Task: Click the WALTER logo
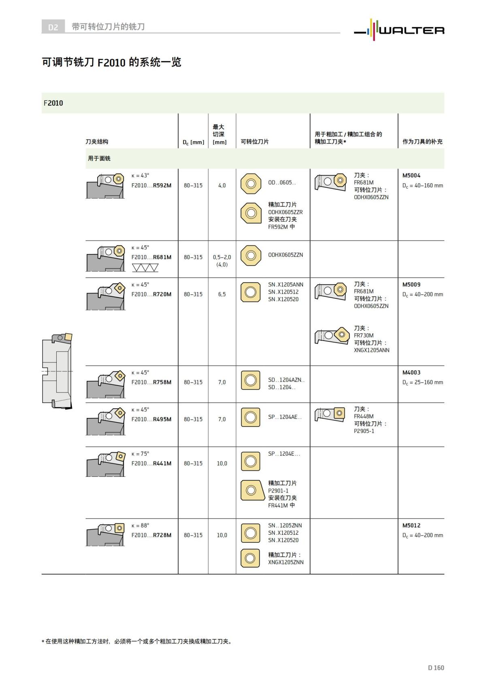(399, 30)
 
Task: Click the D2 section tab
(53, 27)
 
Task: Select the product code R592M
(162, 185)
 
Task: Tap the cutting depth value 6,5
(222, 294)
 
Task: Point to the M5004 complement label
(411, 176)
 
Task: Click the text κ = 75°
(140, 454)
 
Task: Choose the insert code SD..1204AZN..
(286, 380)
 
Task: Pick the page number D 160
(436, 668)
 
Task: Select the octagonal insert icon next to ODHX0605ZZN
(251, 255)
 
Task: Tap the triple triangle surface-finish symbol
(145, 268)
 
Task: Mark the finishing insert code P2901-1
(278, 491)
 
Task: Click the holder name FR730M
(364, 335)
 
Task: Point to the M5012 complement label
(411, 525)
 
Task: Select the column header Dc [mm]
(193, 142)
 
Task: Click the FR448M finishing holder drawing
(330, 414)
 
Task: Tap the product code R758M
(162, 382)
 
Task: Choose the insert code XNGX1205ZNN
(286, 562)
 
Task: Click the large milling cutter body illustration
(57, 370)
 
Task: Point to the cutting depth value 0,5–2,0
(222, 257)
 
